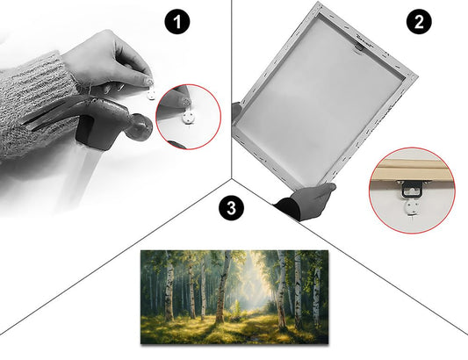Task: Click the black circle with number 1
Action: coord(177,22)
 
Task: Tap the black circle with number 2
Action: coord(419,22)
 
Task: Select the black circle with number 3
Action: coord(231,208)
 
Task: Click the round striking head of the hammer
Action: coord(140,126)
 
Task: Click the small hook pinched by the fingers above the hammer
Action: coord(151,95)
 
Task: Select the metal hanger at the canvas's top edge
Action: coord(359,47)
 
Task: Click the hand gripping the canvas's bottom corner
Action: coord(307,201)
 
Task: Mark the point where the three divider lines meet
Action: coord(231,178)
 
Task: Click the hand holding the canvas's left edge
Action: coord(236,111)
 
